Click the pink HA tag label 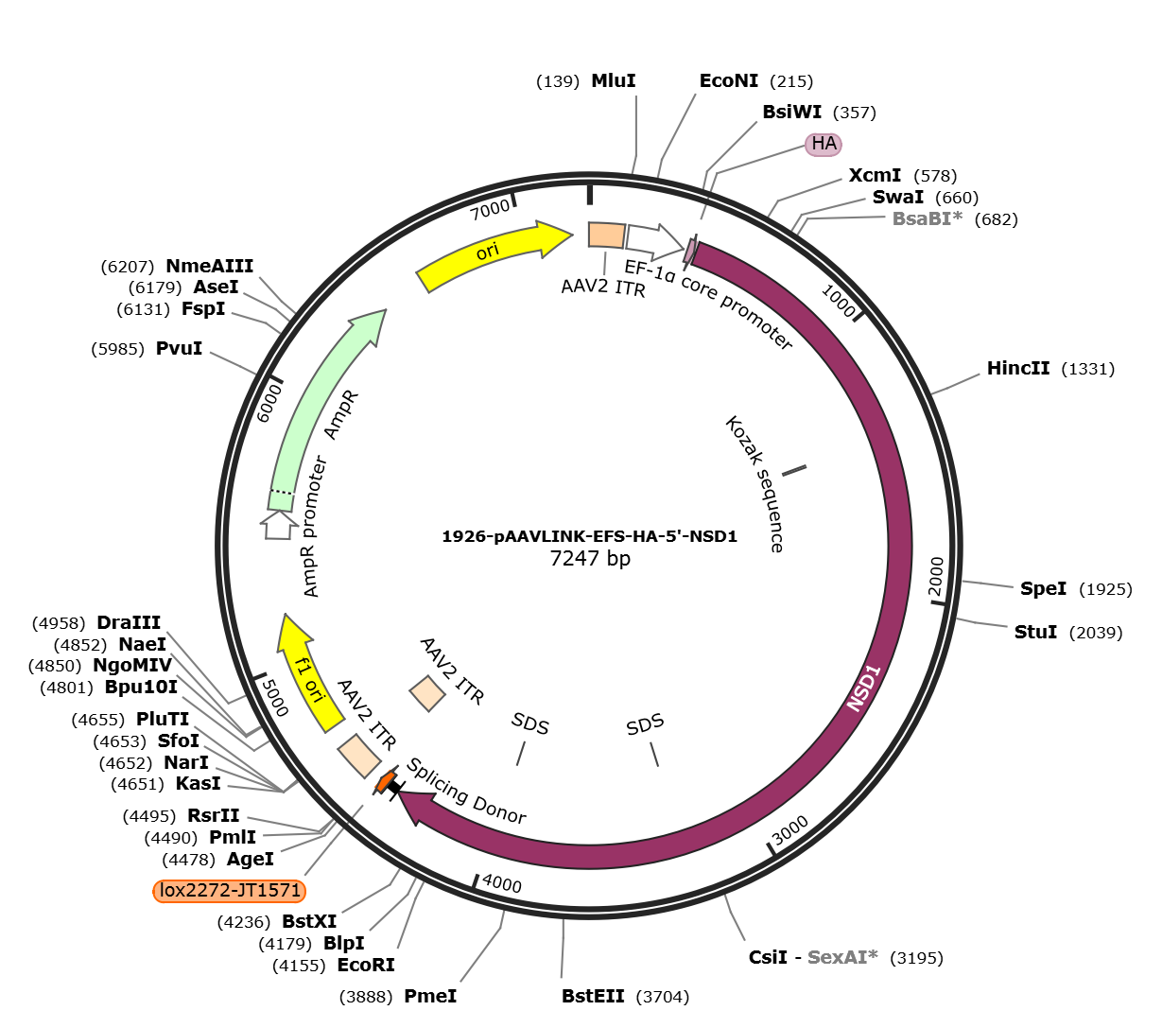pos(824,144)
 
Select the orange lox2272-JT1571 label pos(230,890)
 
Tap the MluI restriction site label pos(613,81)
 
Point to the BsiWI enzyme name pos(791,112)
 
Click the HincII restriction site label pos(1018,368)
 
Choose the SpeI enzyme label pos(1043,588)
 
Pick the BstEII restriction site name pos(593,996)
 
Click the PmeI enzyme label pos(430,996)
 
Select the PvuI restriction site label pos(179,348)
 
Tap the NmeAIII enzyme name pos(209,266)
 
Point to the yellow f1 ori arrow pos(307,671)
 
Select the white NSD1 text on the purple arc pos(864,688)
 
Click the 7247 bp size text pos(590,558)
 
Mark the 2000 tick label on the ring pos(936,577)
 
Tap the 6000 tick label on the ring pos(269,403)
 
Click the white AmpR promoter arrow pos(279,525)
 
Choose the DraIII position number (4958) pos(59,623)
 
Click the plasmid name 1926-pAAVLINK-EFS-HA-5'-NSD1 pos(590,536)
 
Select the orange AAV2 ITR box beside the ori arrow pos(607,235)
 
